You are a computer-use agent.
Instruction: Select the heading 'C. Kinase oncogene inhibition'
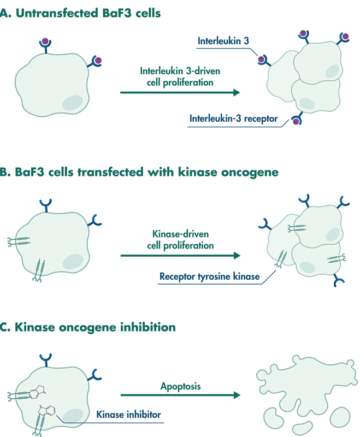(x=88, y=327)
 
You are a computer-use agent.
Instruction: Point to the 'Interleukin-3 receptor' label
(x=233, y=118)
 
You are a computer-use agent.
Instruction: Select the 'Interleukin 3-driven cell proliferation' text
(x=176, y=76)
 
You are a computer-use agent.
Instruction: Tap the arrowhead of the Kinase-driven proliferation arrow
(x=237, y=256)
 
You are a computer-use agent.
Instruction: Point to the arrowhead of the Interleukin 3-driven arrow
(x=237, y=93)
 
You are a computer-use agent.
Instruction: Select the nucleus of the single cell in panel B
(x=73, y=262)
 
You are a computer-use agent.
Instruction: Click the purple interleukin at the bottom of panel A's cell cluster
(x=297, y=121)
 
